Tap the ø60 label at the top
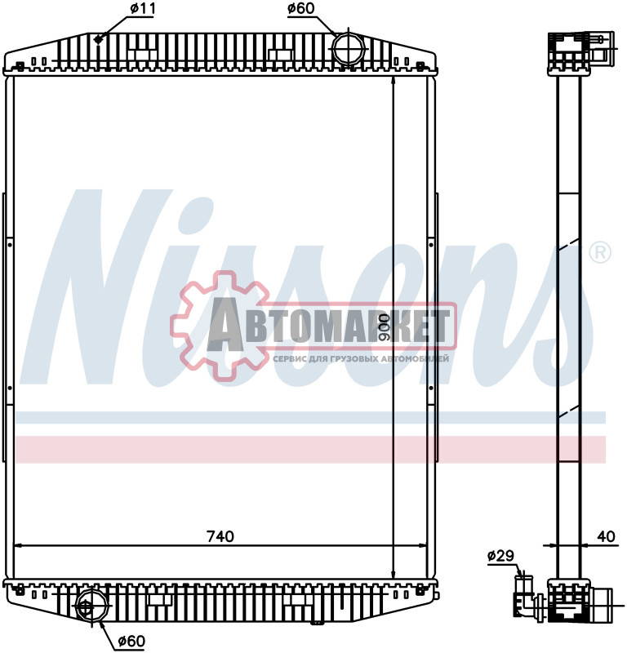click(301, 10)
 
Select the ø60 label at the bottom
click(131, 641)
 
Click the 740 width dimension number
click(220, 536)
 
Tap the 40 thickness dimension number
click(605, 536)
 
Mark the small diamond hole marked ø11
click(99, 40)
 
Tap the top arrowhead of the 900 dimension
click(395, 82)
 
